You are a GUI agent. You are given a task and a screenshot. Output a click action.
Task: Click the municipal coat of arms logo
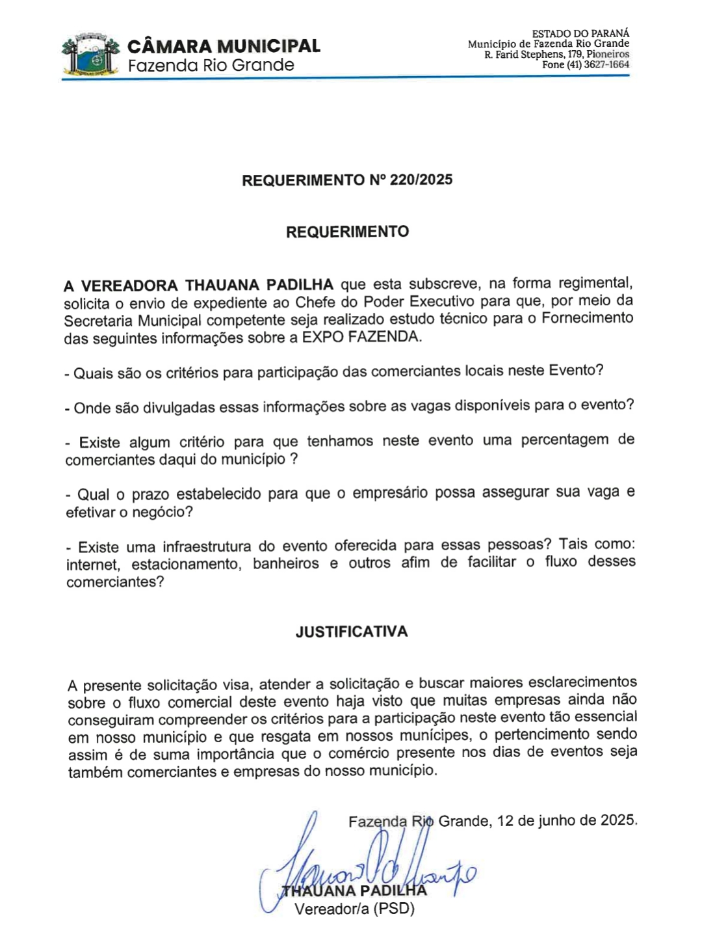(91, 55)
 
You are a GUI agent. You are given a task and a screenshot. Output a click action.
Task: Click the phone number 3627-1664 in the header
(606, 65)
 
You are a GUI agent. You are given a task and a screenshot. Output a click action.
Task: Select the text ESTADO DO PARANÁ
(580, 33)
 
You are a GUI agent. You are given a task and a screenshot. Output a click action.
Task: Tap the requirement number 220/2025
(421, 180)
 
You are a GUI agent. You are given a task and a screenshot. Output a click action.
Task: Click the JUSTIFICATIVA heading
(352, 632)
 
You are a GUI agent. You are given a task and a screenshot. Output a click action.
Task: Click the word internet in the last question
(92, 564)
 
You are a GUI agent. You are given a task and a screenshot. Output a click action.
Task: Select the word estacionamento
(186, 564)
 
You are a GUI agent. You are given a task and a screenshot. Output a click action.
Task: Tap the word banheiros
(286, 563)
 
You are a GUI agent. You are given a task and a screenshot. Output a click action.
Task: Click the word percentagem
(564, 440)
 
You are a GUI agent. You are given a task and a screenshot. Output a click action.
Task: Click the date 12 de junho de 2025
(567, 820)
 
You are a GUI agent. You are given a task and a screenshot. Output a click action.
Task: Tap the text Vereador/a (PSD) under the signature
(354, 909)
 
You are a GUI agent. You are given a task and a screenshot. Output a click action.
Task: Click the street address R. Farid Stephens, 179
(533, 55)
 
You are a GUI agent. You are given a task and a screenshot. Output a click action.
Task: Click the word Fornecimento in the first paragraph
(588, 318)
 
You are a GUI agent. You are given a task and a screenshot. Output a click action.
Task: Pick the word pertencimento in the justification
(549, 735)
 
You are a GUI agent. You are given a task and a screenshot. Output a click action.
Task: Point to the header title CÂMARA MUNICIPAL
(224, 46)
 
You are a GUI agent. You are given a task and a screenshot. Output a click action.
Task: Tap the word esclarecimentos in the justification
(582, 682)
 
